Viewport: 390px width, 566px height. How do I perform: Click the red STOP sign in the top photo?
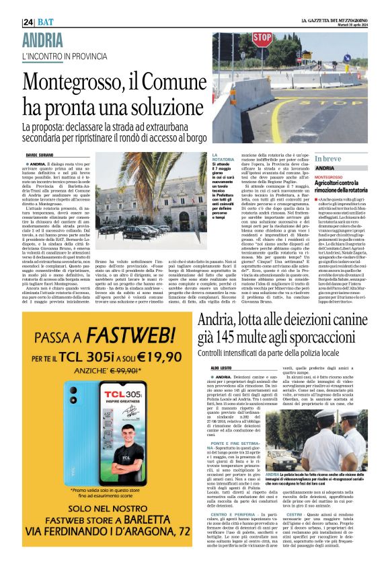(263, 39)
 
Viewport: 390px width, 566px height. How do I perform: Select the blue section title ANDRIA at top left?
(43, 38)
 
